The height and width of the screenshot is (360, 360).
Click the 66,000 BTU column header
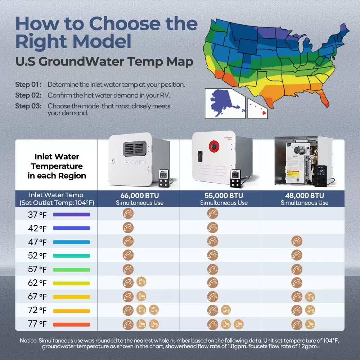coord(140,199)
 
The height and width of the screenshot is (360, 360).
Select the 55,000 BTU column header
coord(224,199)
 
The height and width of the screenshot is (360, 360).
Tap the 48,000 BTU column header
coord(305,199)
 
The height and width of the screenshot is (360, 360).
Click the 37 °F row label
coord(37,215)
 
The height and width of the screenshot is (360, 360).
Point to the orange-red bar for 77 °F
coord(71,324)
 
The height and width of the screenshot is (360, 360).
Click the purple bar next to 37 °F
coord(71,215)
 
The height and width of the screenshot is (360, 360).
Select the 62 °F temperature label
coord(37,283)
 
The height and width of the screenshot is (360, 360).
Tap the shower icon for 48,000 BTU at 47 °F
coord(297,241)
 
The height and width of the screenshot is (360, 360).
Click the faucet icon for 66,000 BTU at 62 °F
coord(141,282)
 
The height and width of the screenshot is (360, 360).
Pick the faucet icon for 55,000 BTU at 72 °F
coord(226,310)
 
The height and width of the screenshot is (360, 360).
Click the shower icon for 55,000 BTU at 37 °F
coord(213,213)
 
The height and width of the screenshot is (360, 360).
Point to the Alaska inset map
coord(225,104)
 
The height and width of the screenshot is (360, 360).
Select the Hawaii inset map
coord(258,108)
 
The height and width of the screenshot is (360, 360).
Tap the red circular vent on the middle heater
coord(214,146)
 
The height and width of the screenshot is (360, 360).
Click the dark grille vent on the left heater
coord(135,149)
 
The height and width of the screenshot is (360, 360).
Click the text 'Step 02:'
coord(28,95)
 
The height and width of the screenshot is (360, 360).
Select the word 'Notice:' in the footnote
coord(29,341)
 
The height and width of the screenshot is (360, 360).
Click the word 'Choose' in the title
coord(126,24)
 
